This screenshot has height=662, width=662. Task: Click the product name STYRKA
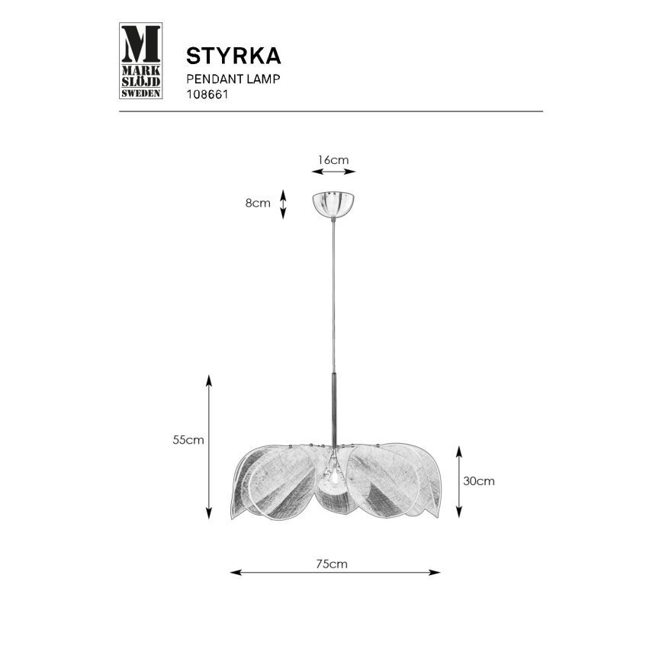click(234, 56)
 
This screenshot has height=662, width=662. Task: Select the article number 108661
click(208, 95)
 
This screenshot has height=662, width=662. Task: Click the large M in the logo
click(141, 43)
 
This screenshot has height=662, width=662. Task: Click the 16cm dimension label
click(333, 160)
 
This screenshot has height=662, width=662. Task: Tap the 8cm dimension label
click(258, 203)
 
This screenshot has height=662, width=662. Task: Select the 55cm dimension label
click(188, 440)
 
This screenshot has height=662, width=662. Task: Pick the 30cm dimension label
click(480, 481)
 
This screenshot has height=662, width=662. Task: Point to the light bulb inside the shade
click(333, 477)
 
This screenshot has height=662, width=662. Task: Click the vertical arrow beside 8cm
click(284, 204)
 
